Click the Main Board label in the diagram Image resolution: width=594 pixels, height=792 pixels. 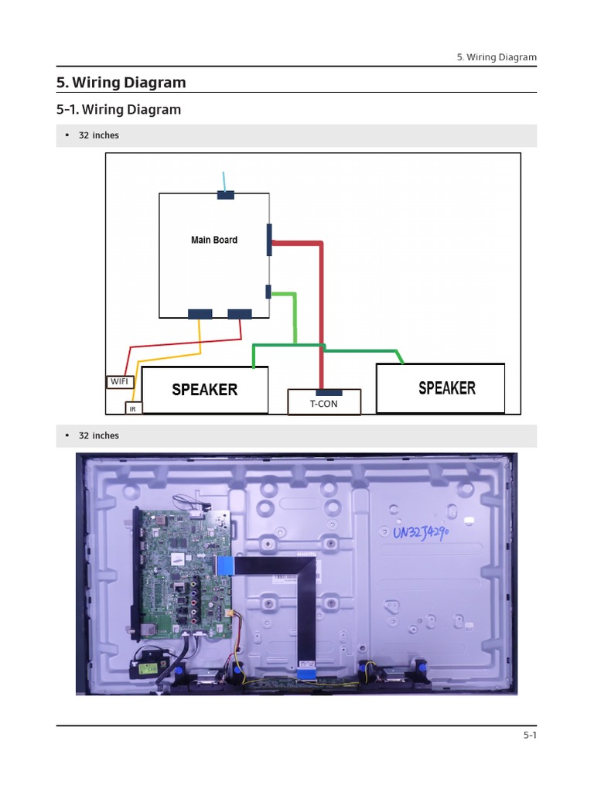(214, 240)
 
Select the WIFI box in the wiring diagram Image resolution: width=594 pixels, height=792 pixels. (120, 381)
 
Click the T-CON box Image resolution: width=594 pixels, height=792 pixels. (323, 403)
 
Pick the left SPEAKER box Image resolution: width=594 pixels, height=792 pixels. (204, 389)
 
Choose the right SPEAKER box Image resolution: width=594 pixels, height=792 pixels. (440, 387)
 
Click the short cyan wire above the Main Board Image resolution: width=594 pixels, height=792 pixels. (224, 181)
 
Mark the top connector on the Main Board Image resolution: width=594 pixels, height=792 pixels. (226, 195)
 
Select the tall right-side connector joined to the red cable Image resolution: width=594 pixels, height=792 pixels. (269, 240)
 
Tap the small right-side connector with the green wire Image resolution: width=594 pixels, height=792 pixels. (268, 292)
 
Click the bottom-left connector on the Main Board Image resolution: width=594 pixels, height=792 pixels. (200, 313)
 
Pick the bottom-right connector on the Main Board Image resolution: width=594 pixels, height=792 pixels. (240, 313)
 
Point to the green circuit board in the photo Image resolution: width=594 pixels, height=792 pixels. (184, 572)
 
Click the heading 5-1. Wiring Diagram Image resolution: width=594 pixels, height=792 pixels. (118, 110)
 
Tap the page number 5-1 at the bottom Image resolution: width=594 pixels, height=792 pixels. (529, 736)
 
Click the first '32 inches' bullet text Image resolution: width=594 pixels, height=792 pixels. (99, 135)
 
